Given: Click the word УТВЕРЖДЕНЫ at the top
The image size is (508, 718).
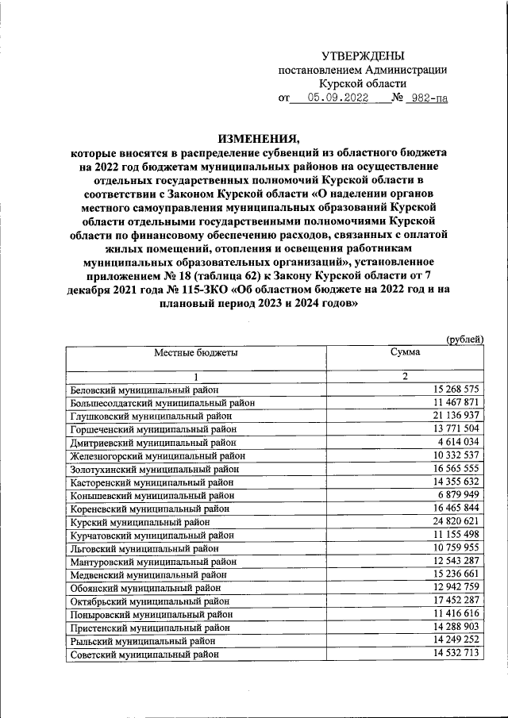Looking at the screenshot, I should pyautogui.click(x=362, y=56).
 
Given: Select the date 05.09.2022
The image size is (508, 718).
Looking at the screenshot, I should pyautogui.click(x=339, y=99).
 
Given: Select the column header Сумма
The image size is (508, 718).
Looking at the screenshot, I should pyautogui.click(x=405, y=351).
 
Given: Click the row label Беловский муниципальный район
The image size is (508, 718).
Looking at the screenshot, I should pyautogui.click(x=144, y=390).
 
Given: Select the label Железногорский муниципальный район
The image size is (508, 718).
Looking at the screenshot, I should pyautogui.click(x=158, y=455).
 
